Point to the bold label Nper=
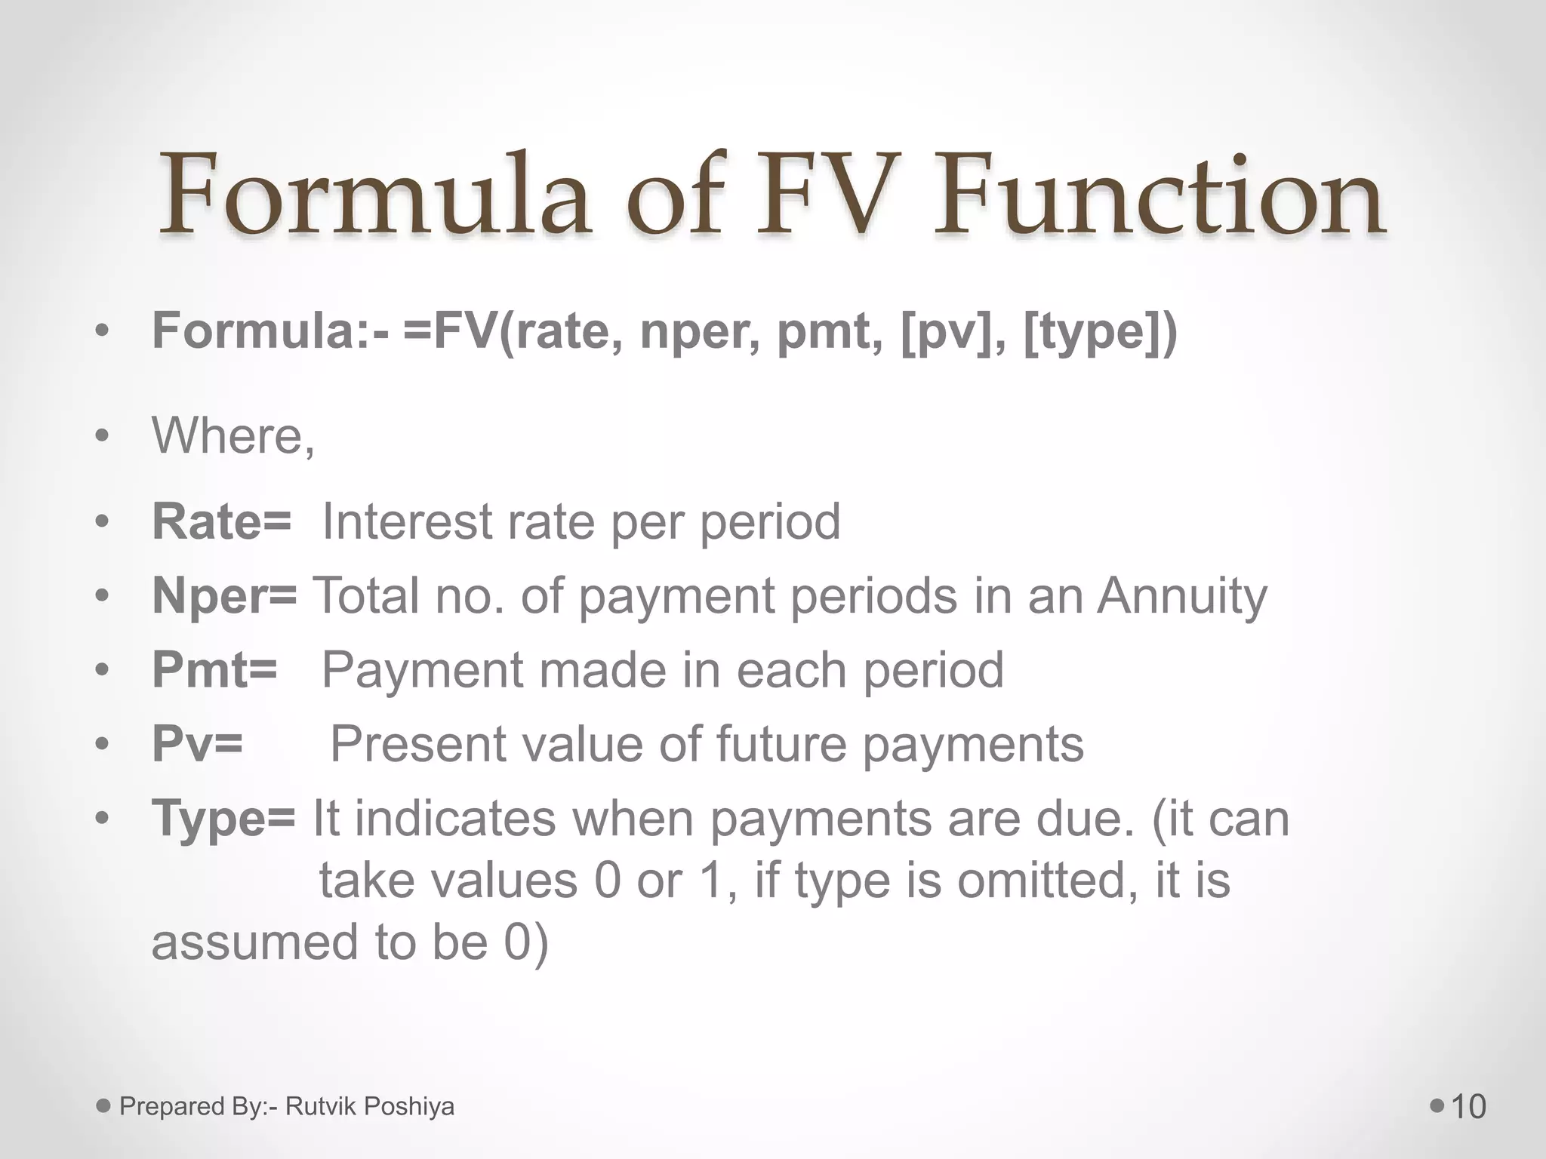click(x=224, y=597)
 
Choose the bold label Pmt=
click(x=214, y=669)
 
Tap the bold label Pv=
click(x=197, y=744)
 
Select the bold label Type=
click(x=223, y=819)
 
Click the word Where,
click(x=233, y=436)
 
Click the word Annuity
click(x=1182, y=597)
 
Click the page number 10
click(x=1468, y=1107)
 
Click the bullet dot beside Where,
click(x=103, y=436)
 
